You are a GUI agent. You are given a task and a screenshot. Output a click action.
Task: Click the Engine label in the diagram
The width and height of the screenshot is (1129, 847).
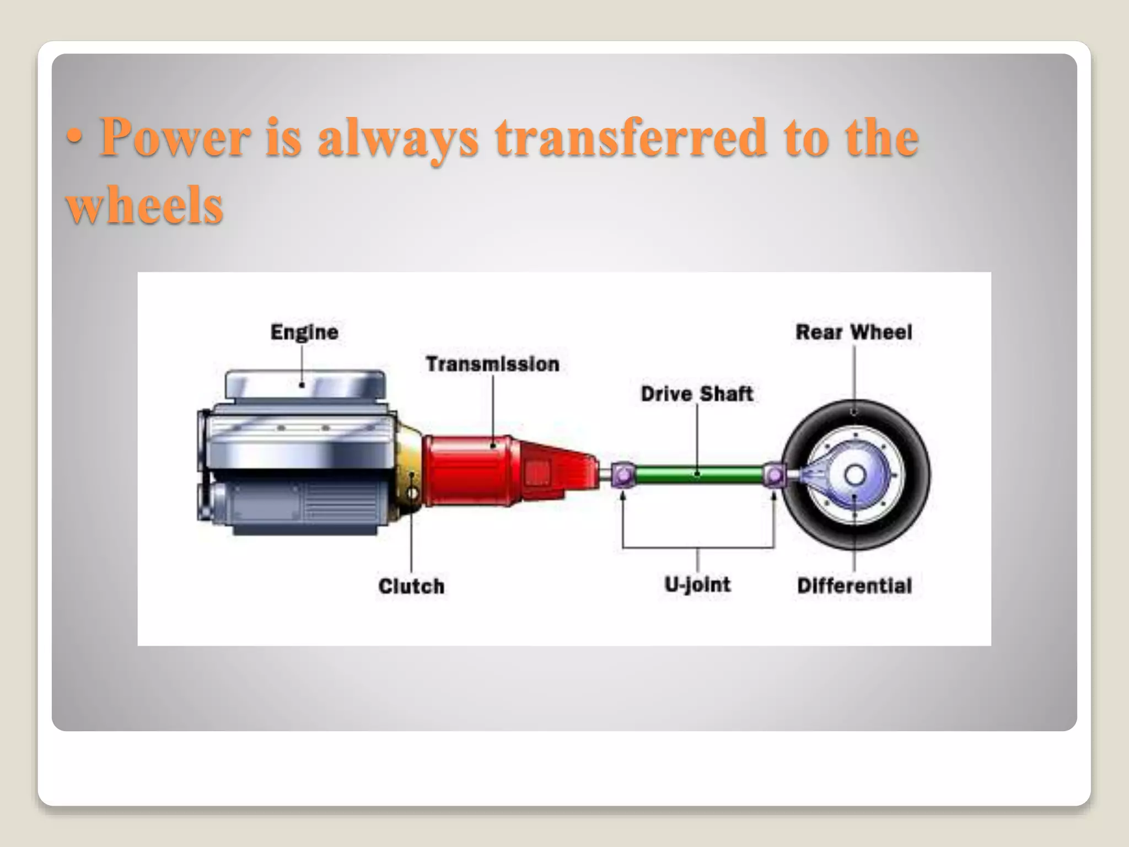[x=304, y=333]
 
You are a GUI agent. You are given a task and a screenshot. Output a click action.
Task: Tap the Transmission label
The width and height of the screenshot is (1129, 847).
[x=492, y=364]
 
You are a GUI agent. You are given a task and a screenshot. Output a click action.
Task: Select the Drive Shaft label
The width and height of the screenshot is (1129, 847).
[x=697, y=394]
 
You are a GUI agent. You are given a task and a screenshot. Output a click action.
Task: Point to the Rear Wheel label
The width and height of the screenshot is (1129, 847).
[x=854, y=333]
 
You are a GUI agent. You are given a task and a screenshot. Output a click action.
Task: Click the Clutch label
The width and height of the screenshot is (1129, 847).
[x=411, y=586]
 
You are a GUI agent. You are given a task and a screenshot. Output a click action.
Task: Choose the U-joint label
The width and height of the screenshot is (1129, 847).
[x=697, y=585]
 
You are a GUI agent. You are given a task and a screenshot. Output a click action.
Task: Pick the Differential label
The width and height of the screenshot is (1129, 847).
[x=854, y=586]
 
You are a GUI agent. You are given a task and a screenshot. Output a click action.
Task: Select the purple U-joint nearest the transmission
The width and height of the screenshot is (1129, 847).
[x=623, y=475]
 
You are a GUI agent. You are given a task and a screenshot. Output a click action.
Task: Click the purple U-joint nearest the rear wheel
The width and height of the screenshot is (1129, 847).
[x=775, y=474]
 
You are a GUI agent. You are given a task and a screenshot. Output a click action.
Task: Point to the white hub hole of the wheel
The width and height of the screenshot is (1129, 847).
[x=855, y=475]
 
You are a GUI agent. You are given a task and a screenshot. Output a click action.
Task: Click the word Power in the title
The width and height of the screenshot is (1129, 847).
[x=175, y=138]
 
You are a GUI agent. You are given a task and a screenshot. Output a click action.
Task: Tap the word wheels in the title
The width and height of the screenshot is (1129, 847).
[x=144, y=205]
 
